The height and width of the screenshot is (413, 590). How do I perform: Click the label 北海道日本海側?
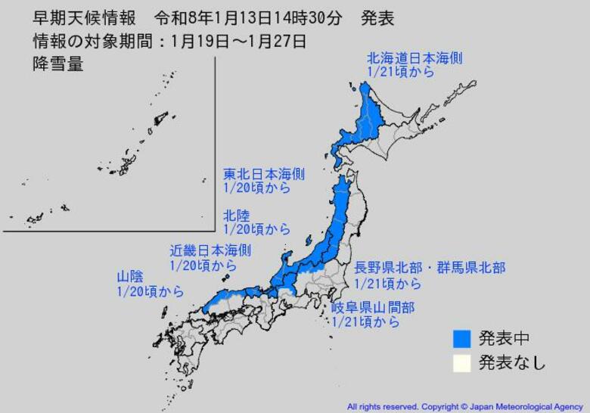click(414, 57)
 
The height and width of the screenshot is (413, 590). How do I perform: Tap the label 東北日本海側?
click(263, 173)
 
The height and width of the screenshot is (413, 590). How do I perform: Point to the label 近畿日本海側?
click(210, 250)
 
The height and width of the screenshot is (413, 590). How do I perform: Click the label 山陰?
click(129, 277)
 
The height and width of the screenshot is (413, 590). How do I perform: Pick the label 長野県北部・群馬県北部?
click(430, 268)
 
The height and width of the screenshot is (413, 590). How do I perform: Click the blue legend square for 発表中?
click(463, 338)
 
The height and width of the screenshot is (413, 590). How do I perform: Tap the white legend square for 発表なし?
click(463, 362)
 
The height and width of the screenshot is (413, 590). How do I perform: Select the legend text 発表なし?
click(511, 362)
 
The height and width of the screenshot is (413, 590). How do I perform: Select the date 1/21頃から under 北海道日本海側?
click(401, 72)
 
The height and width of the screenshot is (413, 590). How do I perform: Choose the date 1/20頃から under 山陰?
click(151, 292)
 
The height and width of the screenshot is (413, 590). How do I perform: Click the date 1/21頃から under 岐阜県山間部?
click(365, 322)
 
